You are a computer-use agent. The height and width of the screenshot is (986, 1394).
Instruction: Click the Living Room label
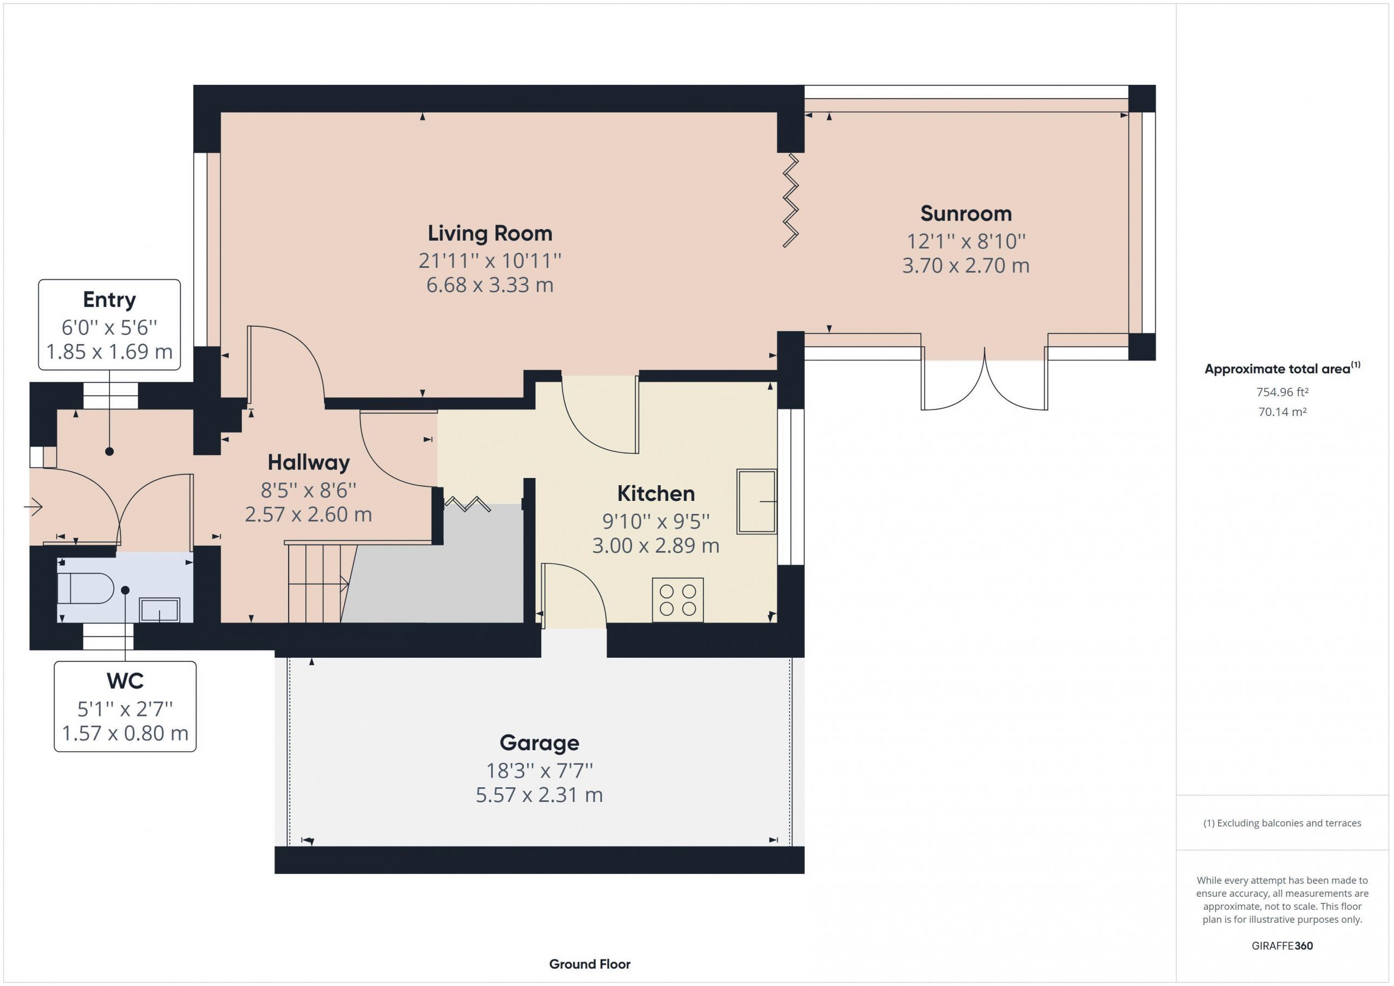pos(490,233)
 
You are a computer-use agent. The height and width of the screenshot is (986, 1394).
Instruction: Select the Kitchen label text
pos(656,494)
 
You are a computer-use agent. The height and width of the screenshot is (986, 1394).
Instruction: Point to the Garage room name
pos(539,743)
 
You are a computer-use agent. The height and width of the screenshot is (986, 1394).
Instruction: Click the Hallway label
pos(308,463)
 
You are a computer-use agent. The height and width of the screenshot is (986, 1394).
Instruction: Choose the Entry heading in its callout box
pos(109,300)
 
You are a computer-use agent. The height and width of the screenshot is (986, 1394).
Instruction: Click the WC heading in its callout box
pos(125,681)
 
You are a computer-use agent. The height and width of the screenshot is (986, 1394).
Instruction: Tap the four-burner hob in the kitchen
pos(677,600)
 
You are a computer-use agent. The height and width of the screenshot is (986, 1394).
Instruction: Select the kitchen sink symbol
pos(756,501)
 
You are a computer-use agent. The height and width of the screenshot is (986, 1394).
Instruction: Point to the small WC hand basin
pos(160,610)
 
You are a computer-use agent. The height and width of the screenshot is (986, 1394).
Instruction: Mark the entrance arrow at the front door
pos(33,506)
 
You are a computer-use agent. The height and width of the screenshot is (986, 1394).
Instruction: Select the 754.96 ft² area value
pos(1282,392)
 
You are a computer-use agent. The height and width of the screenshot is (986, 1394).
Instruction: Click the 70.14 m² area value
pos(1282,412)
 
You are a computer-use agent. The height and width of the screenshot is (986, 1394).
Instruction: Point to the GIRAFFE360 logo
pos(1282,945)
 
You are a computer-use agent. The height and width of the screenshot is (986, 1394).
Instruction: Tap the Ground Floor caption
pos(590,964)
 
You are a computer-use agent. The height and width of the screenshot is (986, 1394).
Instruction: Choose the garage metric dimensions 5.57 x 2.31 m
pos(539,795)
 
